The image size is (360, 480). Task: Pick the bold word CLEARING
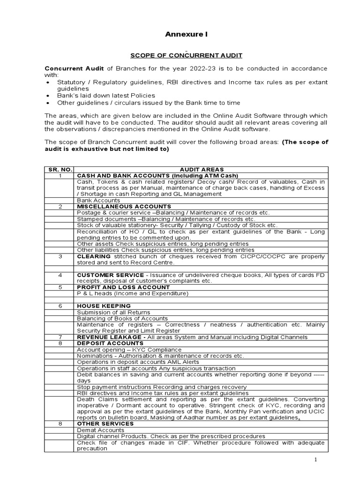point(94,256)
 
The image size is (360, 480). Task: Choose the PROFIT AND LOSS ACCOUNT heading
point(123,287)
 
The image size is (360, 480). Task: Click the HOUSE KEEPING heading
point(104,306)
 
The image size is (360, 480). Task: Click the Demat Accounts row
point(101,430)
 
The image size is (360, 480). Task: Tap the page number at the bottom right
point(316,460)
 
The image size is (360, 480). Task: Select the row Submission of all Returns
point(114,312)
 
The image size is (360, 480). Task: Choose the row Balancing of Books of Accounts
point(117,318)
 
